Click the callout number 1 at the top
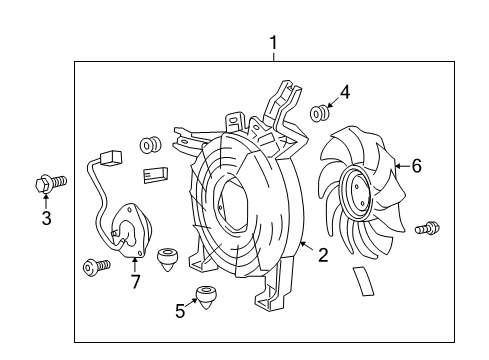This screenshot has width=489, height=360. (273, 43)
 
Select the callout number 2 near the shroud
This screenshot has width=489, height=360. (322, 255)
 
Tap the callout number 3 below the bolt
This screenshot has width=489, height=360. (46, 219)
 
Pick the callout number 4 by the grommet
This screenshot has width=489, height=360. (345, 93)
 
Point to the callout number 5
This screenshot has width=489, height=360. (180, 311)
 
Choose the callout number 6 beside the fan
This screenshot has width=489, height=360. (416, 166)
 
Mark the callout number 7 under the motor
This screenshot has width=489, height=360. (135, 281)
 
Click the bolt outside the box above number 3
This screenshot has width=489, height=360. (47, 183)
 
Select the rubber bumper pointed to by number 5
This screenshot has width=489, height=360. (207, 297)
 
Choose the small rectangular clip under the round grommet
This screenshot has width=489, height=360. (154, 176)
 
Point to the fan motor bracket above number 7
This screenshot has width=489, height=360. (127, 231)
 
